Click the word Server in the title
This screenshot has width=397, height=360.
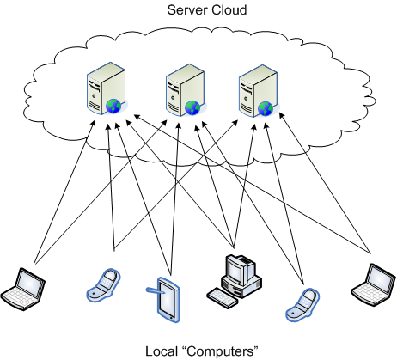coord(186,10)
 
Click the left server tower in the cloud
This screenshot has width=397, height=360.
coord(106,88)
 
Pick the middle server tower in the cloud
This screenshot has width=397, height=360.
coord(185,90)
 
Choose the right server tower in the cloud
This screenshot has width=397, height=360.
coord(258,90)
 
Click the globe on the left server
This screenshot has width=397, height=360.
coord(113,107)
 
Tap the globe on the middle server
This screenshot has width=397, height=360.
coord(192,108)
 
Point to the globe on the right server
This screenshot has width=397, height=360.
coord(266,109)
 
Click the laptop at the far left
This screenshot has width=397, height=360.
coord(23,290)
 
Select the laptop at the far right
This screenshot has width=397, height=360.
coord(374,285)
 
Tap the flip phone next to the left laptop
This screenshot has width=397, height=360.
coord(103,285)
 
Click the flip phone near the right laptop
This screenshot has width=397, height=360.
coord(303,305)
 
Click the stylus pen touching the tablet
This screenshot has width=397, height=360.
coord(156,290)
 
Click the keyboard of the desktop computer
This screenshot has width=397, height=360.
coord(223,298)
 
